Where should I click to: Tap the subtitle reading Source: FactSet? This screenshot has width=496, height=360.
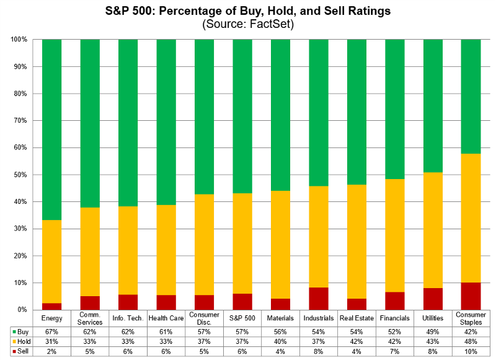248,25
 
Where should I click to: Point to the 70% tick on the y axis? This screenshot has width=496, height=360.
18,121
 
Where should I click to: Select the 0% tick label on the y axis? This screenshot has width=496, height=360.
20,310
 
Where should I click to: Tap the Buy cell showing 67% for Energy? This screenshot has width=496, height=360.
51,331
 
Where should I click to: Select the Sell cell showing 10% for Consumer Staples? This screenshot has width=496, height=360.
471,351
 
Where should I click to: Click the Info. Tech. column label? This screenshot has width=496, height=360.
128,318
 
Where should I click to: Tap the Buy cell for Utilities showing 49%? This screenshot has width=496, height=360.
433,331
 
